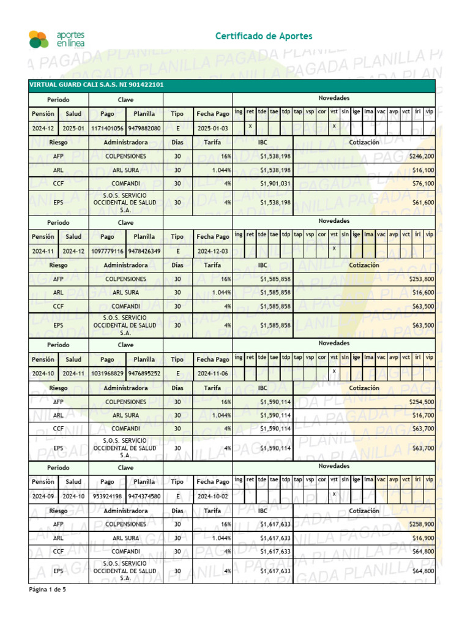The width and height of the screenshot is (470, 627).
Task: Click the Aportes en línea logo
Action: (x=56, y=39)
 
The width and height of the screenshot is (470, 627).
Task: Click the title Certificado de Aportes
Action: (x=264, y=37)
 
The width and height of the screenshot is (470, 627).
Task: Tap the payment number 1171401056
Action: (x=107, y=128)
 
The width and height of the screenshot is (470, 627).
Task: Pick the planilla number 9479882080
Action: (x=144, y=128)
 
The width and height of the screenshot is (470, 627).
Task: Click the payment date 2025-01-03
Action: (x=212, y=128)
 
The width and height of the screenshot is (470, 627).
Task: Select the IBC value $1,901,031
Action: (x=275, y=184)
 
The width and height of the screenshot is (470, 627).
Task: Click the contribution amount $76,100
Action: (x=423, y=184)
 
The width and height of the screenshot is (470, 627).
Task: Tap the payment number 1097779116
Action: (x=107, y=251)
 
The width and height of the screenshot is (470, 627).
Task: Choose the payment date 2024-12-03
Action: (x=212, y=251)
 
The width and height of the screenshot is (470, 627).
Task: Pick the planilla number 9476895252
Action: (x=144, y=373)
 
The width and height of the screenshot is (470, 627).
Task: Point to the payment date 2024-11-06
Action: (x=212, y=373)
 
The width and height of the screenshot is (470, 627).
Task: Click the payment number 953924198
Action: (x=107, y=496)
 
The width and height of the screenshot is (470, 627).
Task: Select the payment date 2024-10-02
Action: (x=212, y=496)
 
